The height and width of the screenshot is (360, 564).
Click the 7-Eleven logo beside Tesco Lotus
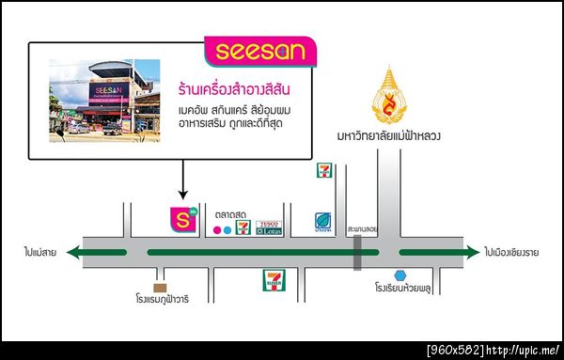click(x=243, y=227)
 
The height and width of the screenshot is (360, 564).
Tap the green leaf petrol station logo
click(x=322, y=222)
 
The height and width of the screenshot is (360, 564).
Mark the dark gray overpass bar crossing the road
click(x=357, y=252)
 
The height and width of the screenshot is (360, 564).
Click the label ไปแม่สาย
click(x=41, y=252)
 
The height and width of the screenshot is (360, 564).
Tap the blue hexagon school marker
click(x=400, y=275)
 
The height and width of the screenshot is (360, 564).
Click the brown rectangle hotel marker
click(x=161, y=287)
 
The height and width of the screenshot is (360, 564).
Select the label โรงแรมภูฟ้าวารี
click(x=161, y=302)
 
